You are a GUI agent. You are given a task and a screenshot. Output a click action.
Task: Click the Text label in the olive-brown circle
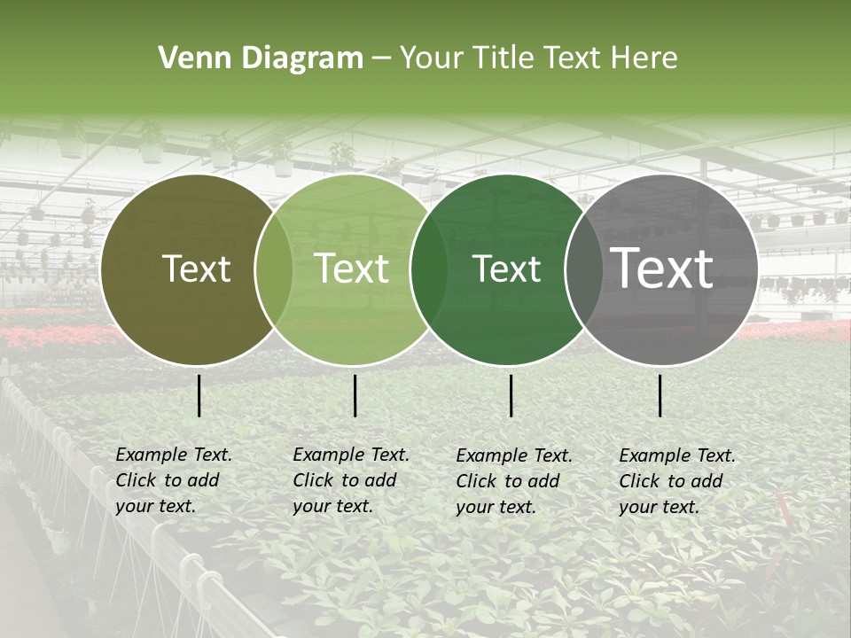196,269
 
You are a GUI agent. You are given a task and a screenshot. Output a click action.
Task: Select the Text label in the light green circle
352,269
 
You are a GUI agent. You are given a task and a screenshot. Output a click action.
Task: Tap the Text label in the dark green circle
506,269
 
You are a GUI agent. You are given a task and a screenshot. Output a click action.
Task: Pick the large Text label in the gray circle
661,269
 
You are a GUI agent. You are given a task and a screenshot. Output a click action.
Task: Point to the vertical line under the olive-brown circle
199,395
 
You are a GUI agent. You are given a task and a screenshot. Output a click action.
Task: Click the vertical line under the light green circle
355,395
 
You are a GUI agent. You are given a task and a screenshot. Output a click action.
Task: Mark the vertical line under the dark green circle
511,395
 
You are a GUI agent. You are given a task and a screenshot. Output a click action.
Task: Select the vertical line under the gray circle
660,395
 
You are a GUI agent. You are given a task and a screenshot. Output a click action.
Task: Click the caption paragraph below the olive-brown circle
173,480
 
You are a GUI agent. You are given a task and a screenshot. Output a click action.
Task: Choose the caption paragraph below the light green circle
350,480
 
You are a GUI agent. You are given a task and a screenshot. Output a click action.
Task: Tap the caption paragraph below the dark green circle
513,481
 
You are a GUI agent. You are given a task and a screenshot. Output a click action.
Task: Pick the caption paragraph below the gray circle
676,481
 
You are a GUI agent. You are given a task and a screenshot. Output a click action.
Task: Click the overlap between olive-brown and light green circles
274,269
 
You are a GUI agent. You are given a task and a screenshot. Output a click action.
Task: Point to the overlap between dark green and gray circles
581,269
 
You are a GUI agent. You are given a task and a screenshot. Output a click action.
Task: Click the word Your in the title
431,58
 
